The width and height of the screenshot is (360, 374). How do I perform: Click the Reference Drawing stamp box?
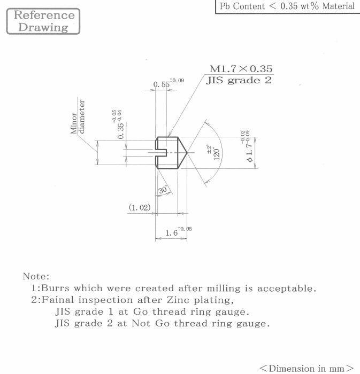[43, 21]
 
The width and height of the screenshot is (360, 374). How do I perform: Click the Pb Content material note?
[287, 6]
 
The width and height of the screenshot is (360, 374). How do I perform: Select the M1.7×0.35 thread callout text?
[241, 69]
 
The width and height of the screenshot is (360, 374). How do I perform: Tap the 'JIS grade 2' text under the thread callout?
[239, 80]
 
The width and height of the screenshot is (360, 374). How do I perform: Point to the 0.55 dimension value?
[162, 84]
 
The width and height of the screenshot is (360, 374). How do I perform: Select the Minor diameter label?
[78, 116]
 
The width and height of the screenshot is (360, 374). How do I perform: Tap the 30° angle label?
[163, 190]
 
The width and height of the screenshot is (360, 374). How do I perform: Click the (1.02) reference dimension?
[140, 207]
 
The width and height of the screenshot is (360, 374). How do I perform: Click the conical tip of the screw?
[187, 152]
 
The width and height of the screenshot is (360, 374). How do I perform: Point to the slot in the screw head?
[161, 153]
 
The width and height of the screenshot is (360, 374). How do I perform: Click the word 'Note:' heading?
[36, 276]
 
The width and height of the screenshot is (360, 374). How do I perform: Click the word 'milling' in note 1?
[224, 288]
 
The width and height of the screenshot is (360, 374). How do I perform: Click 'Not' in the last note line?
[141, 323]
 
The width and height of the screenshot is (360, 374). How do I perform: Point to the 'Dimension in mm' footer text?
[307, 368]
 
